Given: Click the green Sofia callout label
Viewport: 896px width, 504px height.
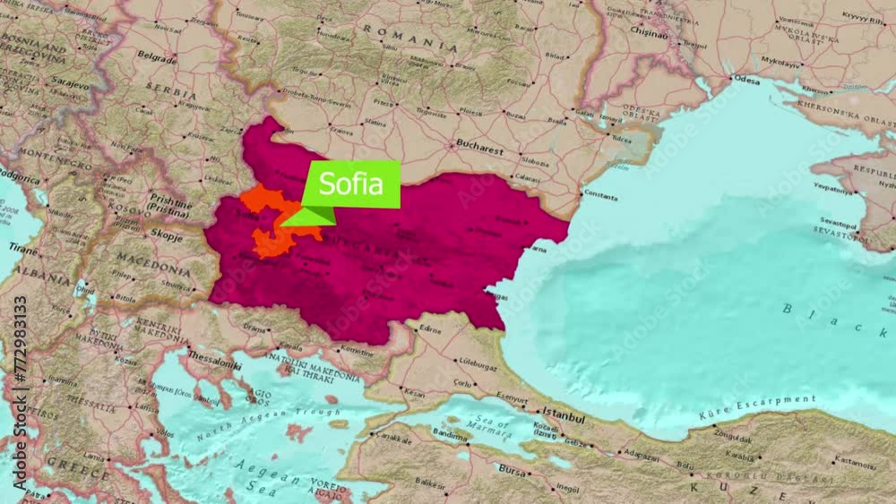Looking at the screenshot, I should tap(351, 184).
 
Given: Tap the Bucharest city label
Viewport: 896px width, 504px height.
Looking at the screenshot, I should tap(478, 152).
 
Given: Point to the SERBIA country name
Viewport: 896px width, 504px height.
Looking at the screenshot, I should tap(171, 93).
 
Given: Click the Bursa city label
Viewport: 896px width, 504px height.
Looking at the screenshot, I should tap(513, 469).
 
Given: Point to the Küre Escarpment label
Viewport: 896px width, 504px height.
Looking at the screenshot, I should tap(760, 406).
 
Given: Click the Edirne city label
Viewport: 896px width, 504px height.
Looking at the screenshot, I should tap(431, 329).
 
